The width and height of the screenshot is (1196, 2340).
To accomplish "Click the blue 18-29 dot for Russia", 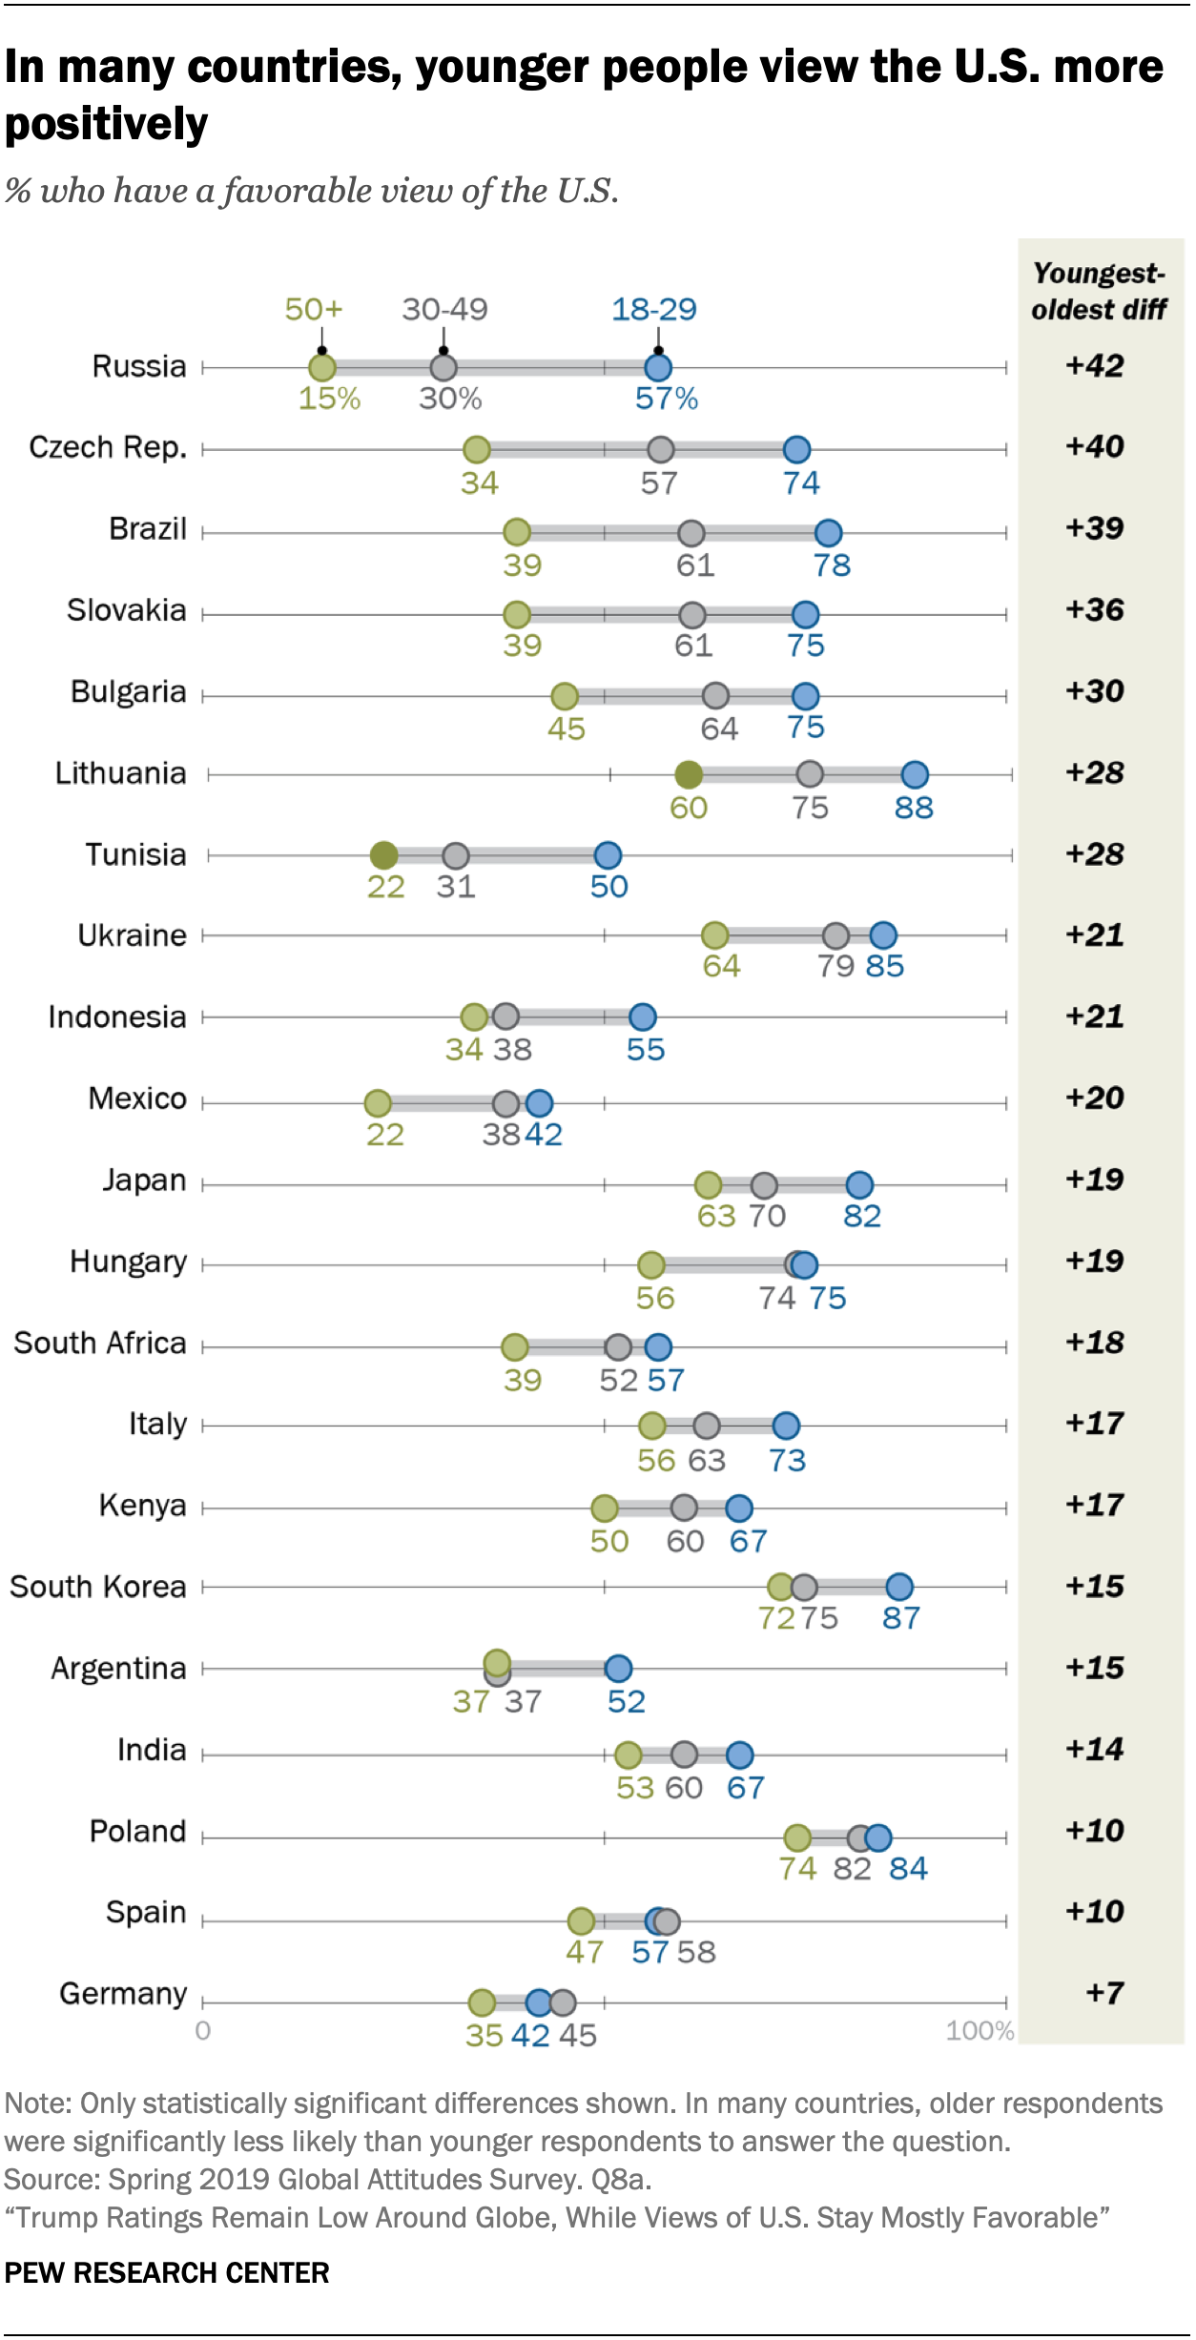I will tap(657, 367).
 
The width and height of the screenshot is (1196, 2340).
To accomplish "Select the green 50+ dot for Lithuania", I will tap(688, 774).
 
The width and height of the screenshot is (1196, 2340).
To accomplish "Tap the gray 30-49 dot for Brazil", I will tap(691, 533).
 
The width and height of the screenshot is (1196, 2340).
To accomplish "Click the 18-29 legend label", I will tap(653, 309).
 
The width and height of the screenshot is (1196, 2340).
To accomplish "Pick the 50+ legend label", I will tap(313, 309).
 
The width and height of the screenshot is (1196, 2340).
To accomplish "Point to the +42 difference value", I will tap(1094, 365).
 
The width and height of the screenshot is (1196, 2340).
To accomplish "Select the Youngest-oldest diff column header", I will tap(1099, 291).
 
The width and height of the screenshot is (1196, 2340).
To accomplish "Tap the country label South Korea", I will tap(98, 1587).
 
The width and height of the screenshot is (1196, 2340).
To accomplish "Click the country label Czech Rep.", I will tap(108, 447).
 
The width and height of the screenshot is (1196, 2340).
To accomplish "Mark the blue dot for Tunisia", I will tap(608, 855).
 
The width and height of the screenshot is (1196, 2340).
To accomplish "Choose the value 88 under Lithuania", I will tap(913, 808).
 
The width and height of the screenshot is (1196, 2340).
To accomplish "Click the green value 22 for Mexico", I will tap(385, 1135).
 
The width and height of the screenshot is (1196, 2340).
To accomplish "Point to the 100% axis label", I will tap(979, 2030).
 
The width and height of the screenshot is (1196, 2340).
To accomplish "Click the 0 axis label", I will tap(202, 2030).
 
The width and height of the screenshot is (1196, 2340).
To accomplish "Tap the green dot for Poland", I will tap(797, 1837).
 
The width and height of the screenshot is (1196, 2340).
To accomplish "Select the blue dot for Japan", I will tap(859, 1185).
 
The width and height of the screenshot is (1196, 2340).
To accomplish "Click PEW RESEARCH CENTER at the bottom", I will tap(167, 2273).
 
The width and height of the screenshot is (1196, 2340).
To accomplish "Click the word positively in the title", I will tap(106, 124).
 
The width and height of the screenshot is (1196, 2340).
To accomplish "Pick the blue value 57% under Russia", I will tap(667, 399).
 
